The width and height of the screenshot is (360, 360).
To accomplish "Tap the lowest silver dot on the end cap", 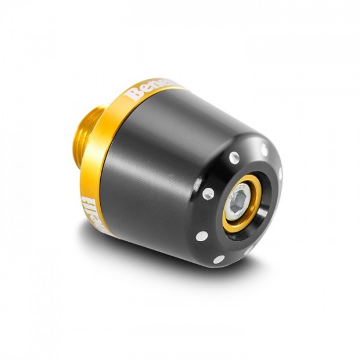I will [x=219, y=259].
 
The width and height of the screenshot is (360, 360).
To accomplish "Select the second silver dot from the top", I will [x=234, y=157].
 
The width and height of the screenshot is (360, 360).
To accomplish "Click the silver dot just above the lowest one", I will [x=202, y=236].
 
